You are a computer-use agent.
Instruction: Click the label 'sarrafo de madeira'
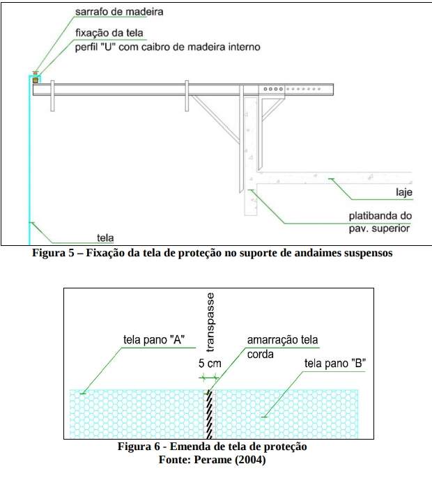(x=119, y=12)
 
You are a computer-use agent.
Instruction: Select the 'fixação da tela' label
(x=109, y=33)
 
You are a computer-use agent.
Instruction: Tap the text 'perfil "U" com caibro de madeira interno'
(x=168, y=47)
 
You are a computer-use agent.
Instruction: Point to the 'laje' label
(x=404, y=192)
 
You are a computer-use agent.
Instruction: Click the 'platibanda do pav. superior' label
(x=380, y=222)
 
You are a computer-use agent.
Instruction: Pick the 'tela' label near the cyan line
(x=105, y=238)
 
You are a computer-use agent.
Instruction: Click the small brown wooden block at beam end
(x=36, y=80)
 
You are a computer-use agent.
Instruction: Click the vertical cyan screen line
(x=30, y=159)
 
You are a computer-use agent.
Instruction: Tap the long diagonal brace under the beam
(x=215, y=118)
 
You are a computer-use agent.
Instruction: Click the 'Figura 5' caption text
(x=213, y=253)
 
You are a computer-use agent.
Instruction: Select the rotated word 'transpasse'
(x=210, y=322)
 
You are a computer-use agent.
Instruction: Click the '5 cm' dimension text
(x=210, y=364)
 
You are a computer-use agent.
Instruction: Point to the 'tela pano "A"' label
(x=154, y=340)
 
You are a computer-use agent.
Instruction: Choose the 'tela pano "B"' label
(x=335, y=364)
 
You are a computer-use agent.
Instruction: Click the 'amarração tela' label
(x=282, y=340)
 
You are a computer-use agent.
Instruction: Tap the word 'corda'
(x=260, y=355)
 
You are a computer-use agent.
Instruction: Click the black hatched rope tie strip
(x=209, y=415)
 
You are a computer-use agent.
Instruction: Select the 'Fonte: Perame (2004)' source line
(x=212, y=460)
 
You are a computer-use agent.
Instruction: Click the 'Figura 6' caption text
(x=213, y=447)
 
